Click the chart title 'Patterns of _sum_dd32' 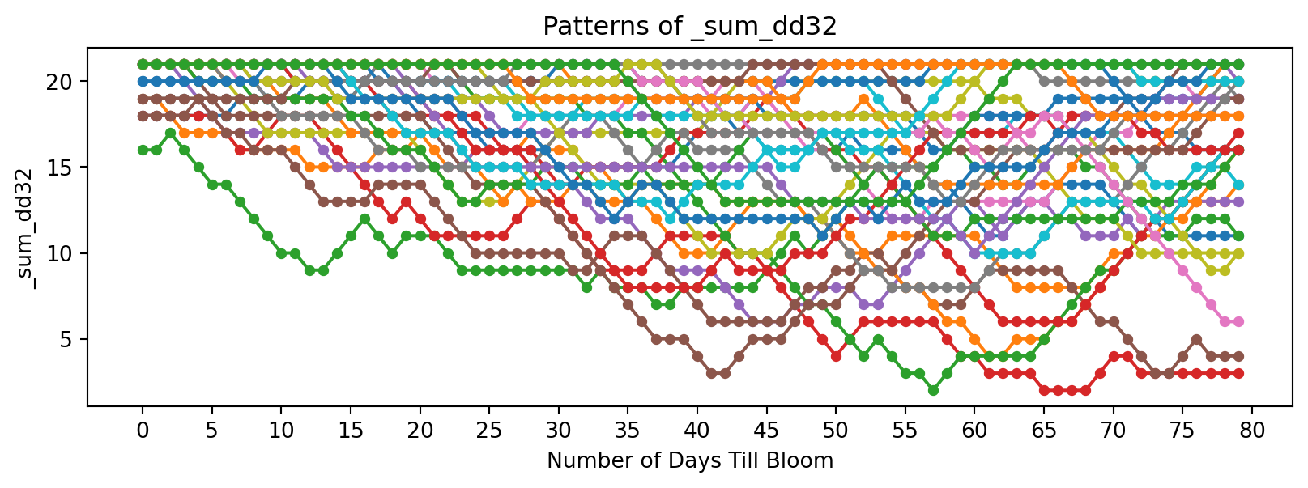(x=689, y=27)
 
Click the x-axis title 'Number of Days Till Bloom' (x=689, y=461)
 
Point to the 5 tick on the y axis (x=66, y=339)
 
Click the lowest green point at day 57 (x=933, y=390)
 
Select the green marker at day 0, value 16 (x=143, y=150)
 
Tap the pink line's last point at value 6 (x=1238, y=321)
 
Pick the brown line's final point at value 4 (x=1238, y=356)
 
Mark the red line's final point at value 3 (x=1238, y=373)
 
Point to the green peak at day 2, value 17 (x=170, y=133)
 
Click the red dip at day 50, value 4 (x=836, y=356)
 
